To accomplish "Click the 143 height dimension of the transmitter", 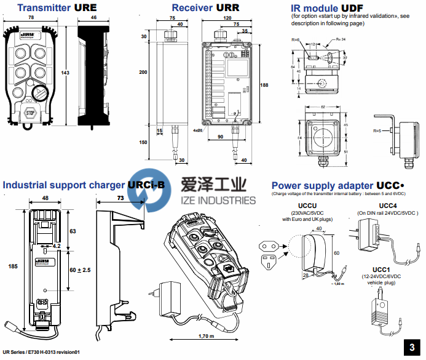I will coord(66,73).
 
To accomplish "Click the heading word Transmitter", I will coord(42,8).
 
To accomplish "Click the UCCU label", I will coord(307,206).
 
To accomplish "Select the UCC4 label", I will coord(387,206).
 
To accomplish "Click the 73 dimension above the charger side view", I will coord(120,198).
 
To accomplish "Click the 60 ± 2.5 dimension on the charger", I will coord(79,270).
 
